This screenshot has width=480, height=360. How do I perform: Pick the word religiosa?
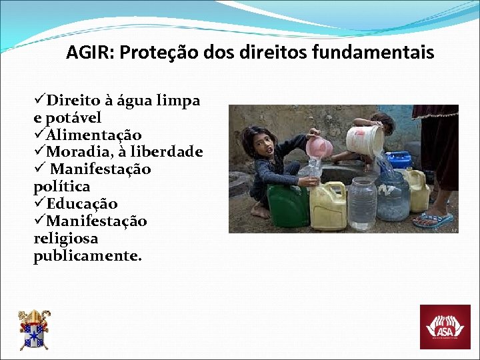[65, 239]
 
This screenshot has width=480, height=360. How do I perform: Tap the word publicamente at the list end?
[87, 256]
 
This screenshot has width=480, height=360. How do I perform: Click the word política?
[61, 187]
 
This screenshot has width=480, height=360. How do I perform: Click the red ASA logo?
[445, 327]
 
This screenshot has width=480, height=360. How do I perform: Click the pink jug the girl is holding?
[319, 147]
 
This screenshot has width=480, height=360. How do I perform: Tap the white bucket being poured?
[365, 139]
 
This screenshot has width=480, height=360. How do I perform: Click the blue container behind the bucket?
[399, 159]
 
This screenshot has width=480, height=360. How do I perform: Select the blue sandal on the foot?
[433, 219]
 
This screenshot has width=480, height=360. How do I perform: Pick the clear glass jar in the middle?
[362, 203]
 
